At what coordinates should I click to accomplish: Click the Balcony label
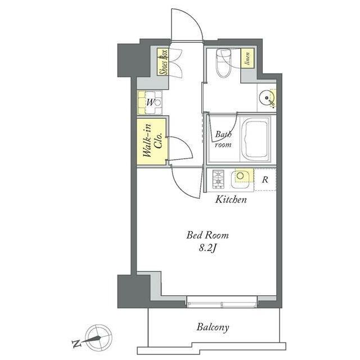click(x=213, y=327)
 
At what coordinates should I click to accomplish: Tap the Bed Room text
click(x=208, y=235)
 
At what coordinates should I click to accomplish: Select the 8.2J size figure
click(x=208, y=248)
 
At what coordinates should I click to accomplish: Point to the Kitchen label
click(x=231, y=199)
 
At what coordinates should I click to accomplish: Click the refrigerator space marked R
click(x=265, y=179)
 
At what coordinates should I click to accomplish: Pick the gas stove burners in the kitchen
click(x=218, y=179)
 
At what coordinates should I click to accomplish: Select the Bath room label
click(x=223, y=139)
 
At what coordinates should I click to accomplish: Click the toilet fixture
click(x=223, y=62)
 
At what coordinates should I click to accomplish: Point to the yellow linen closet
click(x=247, y=58)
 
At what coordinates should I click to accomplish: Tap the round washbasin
click(x=267, y=98)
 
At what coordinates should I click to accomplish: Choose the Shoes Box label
click(x=163, y=62)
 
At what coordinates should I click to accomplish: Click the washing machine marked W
click(x=150, y=102)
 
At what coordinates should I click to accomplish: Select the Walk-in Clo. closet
click(x=151, y=141)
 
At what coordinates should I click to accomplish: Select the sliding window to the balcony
click(x=222, y=302)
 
